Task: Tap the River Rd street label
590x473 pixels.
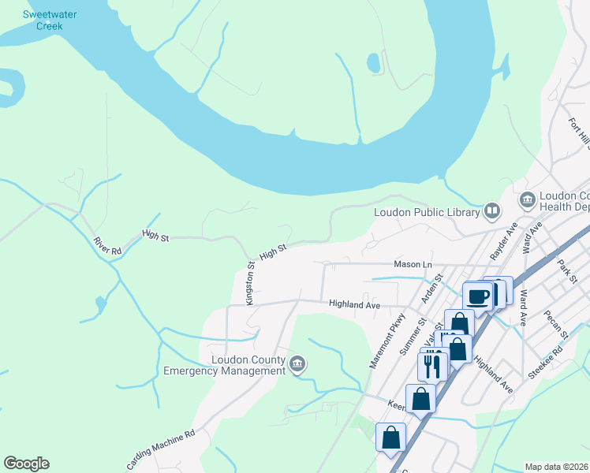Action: (107, 245)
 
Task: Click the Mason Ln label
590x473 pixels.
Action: (413, 266)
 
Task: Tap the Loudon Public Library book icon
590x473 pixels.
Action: (492, 210)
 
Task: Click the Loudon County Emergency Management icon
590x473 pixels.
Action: (297, 363)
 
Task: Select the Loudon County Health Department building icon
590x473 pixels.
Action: (526, 201)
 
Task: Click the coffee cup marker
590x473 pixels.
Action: (477, 296)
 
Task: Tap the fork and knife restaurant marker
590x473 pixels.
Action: (431, 365)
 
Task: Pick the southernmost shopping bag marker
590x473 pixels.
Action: (391, 437)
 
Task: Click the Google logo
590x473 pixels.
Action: (26, 464)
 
